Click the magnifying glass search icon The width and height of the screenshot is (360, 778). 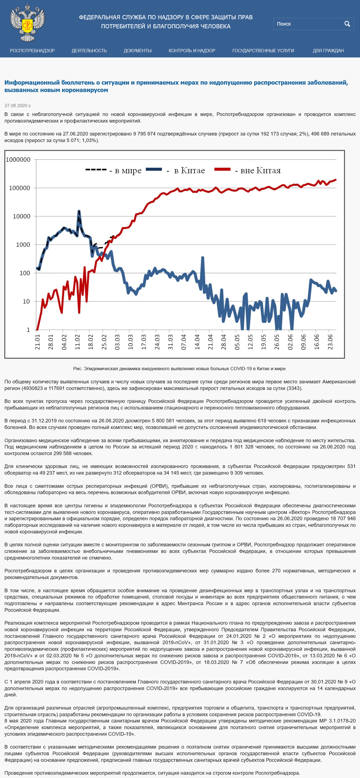(x=347, y=24)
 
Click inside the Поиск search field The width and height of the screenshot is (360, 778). (x=308, y=24)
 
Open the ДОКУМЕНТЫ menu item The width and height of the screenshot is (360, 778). (x=138, y=51)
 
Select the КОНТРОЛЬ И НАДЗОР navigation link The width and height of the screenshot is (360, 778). (x=192, y=51)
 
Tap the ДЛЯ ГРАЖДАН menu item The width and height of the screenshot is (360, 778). (x=328, y=51)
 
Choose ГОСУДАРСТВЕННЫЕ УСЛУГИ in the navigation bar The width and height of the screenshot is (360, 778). (x=263, y=51)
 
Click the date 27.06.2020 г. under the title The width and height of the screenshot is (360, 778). (x=18, y=106)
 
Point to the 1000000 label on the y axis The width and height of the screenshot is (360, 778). (x=18, y=159)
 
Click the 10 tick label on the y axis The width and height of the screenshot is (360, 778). (x=27, y=301)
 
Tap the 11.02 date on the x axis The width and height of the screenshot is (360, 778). (x=77, y=342)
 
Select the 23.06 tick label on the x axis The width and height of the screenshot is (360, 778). (x=330, y=342)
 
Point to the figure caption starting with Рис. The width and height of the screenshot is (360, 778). (x=179, y=369)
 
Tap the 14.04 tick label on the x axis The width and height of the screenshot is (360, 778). (x=197, y=342)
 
